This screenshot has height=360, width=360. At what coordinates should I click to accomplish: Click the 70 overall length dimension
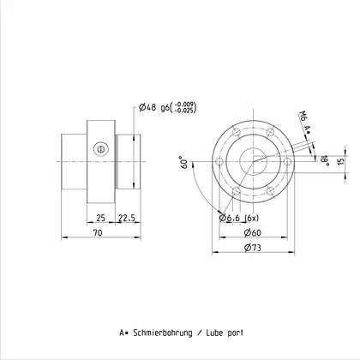(98, 233)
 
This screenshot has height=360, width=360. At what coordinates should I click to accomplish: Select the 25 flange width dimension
(100, 218)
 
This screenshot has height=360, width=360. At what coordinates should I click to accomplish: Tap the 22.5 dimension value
(127, 218)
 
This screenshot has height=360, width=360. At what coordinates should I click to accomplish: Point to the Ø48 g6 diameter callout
(154, 107)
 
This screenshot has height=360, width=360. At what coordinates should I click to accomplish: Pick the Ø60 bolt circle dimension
(253, 232)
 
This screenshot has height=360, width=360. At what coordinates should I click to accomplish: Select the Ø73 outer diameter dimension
(253, 248)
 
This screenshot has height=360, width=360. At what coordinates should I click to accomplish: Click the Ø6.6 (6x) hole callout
(239, 218)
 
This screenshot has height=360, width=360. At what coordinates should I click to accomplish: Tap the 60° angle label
(184, 162)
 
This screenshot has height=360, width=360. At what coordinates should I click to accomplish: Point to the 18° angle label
(325, 160)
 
